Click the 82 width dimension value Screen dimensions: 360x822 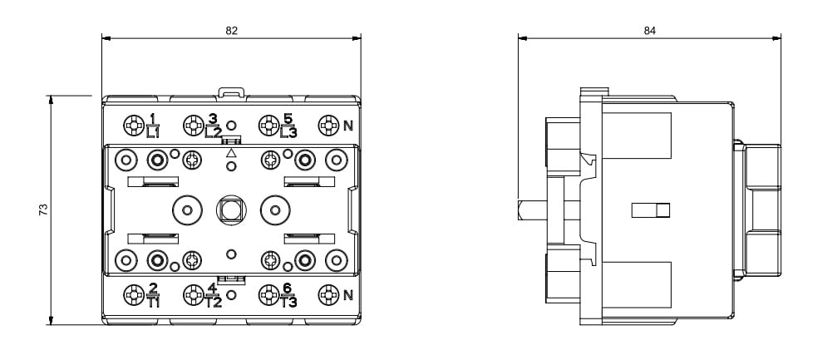pos(231,30)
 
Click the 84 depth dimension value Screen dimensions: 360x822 pos(649,30)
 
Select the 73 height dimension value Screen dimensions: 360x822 pos(44,210)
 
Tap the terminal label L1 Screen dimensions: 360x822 pos(153,131)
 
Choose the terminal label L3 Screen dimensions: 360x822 pos(288,131)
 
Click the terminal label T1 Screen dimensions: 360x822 pos(154,302)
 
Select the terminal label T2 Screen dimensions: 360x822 pos(214,302)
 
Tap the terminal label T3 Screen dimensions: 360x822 pos(288,302)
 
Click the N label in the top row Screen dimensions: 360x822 pos(349,126)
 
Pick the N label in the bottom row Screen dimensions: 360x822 pos(349,294)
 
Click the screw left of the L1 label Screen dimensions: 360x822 pos(133,126)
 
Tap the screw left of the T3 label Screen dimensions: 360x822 pos(268,294)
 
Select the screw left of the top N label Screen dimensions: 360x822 pos(328,126)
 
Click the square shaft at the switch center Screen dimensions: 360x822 pos(230,210)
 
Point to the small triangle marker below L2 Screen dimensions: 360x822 pos(231,153)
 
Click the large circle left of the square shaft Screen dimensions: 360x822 pos(187,210)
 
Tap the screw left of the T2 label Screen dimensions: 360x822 pos(194,294)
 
